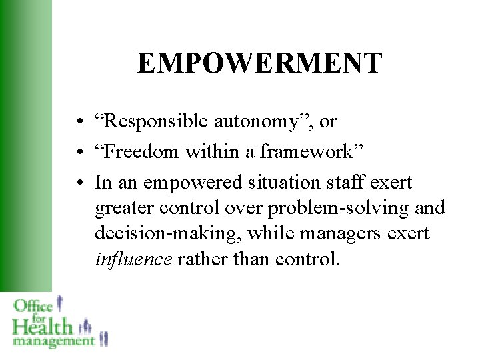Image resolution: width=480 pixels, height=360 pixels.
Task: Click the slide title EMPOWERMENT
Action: pos(260,63)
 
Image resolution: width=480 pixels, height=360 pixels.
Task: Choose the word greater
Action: pos(125,208)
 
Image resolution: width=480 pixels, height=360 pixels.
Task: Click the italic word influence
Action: pos(133,259)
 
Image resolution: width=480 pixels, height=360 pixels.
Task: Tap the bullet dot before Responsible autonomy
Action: pos(79,123)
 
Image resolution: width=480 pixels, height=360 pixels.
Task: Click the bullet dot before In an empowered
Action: pos(79,183)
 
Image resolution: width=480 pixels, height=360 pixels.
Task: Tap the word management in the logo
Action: pos(53,341)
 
